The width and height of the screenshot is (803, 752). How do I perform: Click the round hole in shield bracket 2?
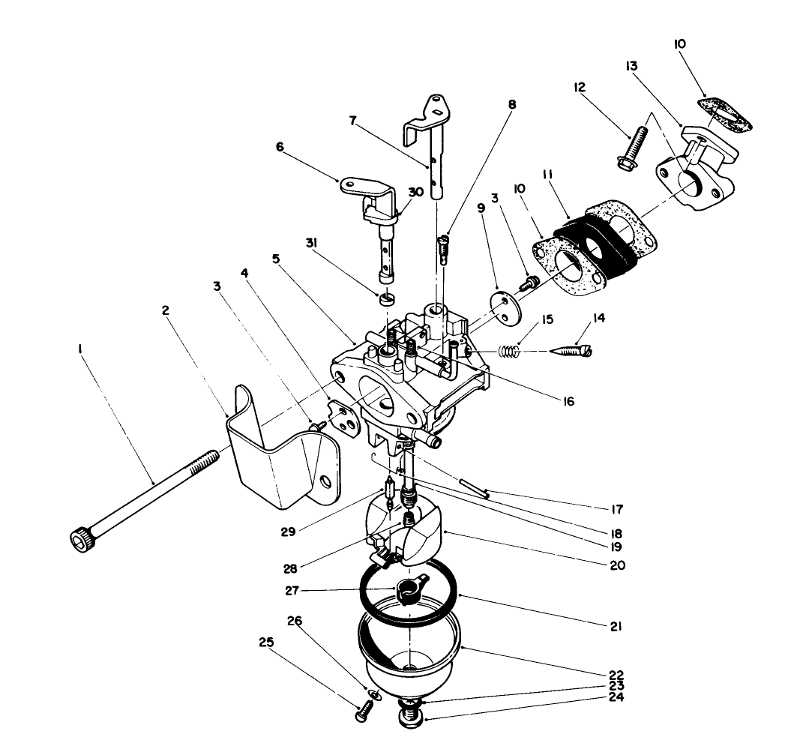point(325,480)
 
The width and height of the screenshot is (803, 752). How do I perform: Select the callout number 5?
point(276,259)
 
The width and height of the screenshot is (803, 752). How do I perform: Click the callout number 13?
point(630,65)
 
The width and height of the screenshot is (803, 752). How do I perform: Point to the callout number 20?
point(616,565)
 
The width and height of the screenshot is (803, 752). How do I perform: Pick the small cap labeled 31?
point(388,301)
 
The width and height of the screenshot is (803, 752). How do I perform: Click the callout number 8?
point(512,106)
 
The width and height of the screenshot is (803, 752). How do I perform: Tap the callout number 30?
point(416,192)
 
